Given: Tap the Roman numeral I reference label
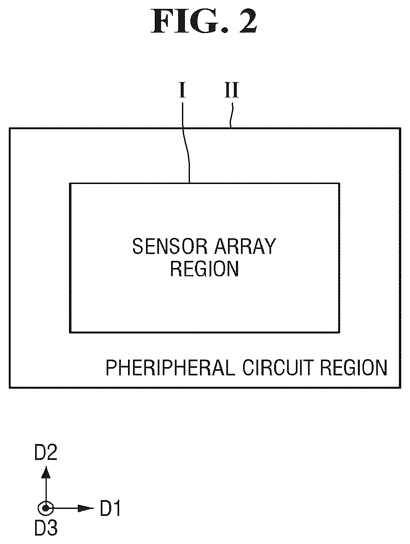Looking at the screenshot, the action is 182,90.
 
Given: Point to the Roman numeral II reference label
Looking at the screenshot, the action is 232,90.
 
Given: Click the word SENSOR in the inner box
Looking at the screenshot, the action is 170,246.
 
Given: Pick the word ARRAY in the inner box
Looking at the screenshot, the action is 245,246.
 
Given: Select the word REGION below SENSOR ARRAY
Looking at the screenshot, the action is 205,268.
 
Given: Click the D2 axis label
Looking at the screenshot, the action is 46,452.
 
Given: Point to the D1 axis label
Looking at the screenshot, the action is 110,508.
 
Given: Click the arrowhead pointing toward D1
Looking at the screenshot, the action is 86,508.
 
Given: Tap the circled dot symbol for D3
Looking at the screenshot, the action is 46,508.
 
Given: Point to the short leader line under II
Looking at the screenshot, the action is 231,115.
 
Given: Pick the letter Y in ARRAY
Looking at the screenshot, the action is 269,246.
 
